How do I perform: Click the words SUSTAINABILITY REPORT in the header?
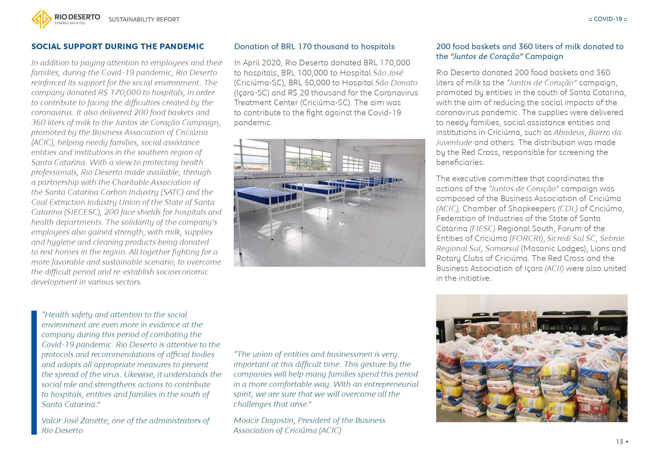click(x=144, y=19)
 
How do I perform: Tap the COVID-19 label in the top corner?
click(x=608, y=19)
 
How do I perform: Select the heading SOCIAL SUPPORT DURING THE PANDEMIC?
click(x=118, y=46)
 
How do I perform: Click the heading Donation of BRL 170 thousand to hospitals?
click(x=314, y=46)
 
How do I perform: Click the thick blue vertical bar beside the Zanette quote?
click(x=34, y=372)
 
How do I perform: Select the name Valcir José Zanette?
click(x=75, y=421)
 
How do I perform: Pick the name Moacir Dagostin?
click(x=264, y=420)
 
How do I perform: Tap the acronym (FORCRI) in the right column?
click(x=527, y=239)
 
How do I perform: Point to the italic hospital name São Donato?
click(x=396, y=83)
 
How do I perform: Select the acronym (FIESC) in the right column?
click(x=482, y=228)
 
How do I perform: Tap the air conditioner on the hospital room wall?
click(x=357, y=149)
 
